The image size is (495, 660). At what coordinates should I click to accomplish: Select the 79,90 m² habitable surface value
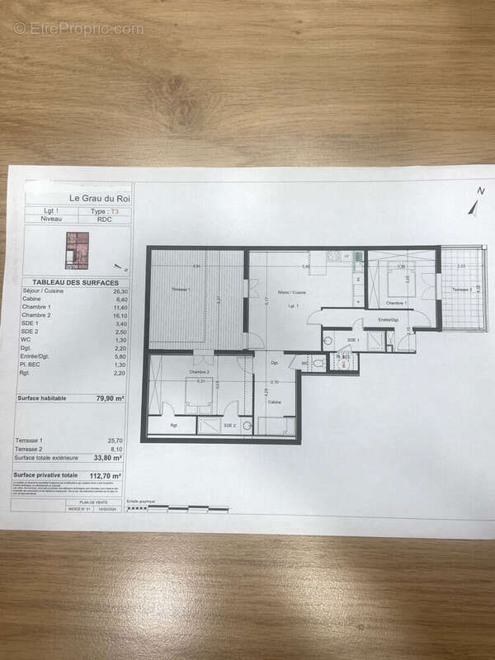tap(111, 398)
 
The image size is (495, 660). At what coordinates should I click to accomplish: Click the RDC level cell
tap(104, 219)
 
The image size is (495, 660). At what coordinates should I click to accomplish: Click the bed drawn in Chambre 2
tap(199, 394)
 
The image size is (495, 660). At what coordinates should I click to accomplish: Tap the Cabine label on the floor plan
tap(274, 402)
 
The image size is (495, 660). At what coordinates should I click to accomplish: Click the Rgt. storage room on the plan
tap(174, 425)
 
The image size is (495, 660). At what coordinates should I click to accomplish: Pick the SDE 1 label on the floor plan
tap(354, 339)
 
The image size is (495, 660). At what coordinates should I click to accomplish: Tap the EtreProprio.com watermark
tap(78, 28)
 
